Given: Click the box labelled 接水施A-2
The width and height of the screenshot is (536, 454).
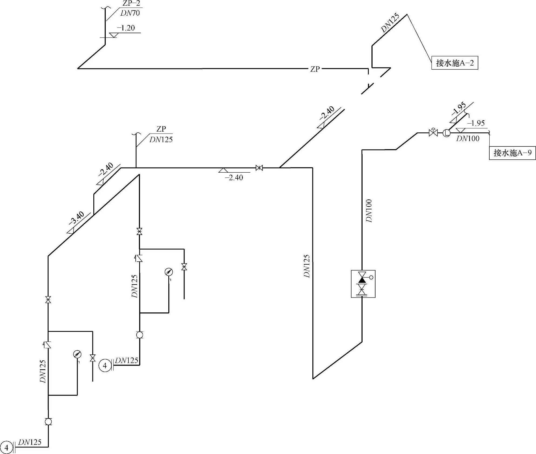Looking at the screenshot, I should tap(455, 63).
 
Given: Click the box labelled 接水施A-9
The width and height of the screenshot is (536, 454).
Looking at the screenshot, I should tap(512, 153).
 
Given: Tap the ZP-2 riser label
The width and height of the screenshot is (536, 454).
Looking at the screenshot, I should tap(131, 4).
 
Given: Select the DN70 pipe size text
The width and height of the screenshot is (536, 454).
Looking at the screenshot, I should tap(130, 13).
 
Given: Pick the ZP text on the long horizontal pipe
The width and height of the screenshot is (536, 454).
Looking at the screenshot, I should tap(315, 69).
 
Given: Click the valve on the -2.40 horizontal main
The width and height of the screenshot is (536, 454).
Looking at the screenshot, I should tap(259, 168).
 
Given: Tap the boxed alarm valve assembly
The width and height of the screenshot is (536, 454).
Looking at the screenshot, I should tap(363, 284).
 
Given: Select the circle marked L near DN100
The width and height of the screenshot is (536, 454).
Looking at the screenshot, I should tap(446, 133).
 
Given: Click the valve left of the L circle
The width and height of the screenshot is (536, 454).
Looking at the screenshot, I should tap(433, 133).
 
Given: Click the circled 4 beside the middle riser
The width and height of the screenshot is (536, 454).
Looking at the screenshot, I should tap(105, 366).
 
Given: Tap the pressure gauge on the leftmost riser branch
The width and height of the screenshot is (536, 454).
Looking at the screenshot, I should tap(77, 354).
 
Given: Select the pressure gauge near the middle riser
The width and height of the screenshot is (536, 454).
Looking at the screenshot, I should tap(169, 272).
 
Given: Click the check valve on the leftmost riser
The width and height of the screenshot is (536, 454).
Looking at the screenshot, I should tap(48, 345).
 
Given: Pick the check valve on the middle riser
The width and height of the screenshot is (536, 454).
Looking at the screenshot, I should tap(139, 258).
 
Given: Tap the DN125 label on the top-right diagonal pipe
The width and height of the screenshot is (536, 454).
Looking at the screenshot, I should tap(390, 24).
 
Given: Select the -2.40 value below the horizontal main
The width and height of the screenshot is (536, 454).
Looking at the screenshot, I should tap(234, 177).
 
